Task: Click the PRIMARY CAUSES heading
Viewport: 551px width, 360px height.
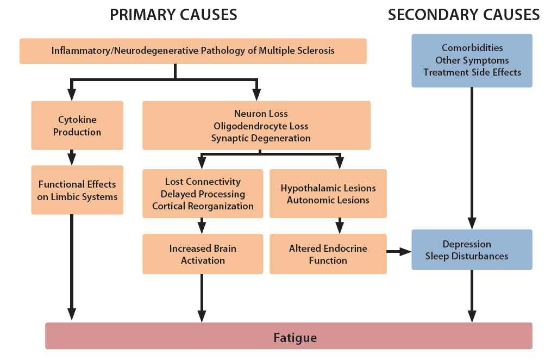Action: click(x=173, y=15)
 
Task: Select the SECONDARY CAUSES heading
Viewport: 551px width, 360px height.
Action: click(x=464, y=15)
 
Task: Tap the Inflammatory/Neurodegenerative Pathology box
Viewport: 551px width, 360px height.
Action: click(x=193, y=51)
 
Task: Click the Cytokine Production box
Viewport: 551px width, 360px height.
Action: click(x=77, y=126)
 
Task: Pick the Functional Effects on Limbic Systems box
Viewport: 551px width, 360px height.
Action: click(x=77, y=190)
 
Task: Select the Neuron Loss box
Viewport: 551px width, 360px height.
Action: click(x=256, y=126)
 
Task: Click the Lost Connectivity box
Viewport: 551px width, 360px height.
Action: click(x=202, y=194)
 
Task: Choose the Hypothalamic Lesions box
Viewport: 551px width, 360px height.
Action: click(x=328, y=194)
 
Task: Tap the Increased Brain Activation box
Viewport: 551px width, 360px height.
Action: click(x=202, y=254)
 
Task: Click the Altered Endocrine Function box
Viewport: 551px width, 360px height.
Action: click(x=328, y=254)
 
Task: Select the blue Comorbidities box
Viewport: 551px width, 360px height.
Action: click(x=472, y=60)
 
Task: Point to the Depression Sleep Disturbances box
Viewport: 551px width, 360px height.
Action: click(x=472, y=250)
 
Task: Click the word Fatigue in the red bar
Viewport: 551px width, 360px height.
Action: click(x=295, y=338)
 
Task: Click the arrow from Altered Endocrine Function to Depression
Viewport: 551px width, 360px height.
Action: click(x=399, y=252)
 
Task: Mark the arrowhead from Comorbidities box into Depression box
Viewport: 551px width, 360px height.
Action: click(x=472, y=223)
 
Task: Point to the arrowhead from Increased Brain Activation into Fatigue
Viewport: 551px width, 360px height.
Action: click(x=202, y=316)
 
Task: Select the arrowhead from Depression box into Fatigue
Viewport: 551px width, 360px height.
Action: click(x=472, y=316)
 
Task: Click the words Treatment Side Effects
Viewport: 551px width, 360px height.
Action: click(x=472, y=72)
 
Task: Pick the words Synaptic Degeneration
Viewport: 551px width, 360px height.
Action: click(x=261, y=138)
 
